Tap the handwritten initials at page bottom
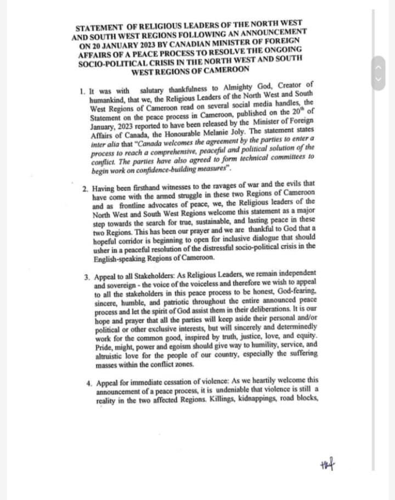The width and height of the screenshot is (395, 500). coord(327,466)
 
